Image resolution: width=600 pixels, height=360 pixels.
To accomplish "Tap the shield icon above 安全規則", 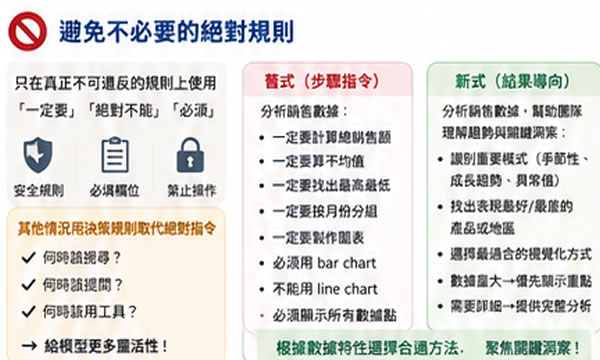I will (x=37, y=155).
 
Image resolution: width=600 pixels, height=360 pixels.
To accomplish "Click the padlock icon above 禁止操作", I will (x=189, y=155).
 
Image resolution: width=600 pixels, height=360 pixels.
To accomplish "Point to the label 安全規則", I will (x=37, y=190).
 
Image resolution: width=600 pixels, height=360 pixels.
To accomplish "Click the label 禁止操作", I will (x=189, y=190).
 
